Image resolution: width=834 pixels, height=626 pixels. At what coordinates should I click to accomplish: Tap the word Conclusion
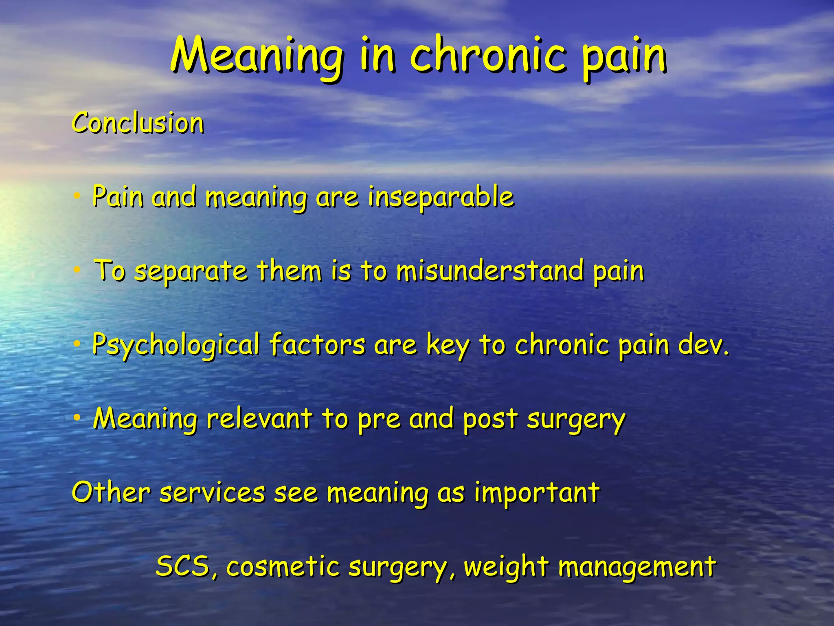(x=138, y=123)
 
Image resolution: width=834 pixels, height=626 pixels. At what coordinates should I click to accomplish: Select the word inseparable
(x=441, y=198)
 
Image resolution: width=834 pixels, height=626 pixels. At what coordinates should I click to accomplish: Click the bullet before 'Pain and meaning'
(x=77, y=197)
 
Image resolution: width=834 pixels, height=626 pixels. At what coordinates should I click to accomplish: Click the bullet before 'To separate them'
(x=77, y=270)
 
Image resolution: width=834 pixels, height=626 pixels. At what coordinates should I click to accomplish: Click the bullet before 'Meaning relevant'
(x=77, y=418)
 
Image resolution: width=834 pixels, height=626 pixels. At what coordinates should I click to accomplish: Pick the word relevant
(x=259, y=419)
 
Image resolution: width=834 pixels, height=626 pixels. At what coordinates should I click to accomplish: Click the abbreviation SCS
(x=184, y=566)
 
